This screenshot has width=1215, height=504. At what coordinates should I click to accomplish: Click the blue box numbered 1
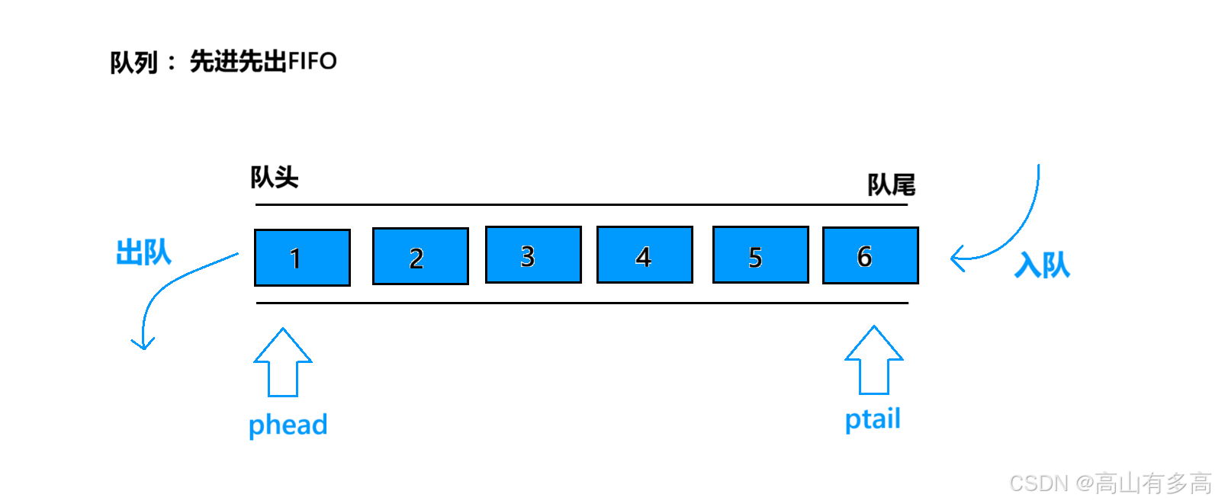coord(302,258)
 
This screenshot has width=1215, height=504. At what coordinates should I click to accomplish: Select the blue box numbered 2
coord(420,257)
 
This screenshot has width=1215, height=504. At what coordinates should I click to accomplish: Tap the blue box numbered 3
coord(533,255)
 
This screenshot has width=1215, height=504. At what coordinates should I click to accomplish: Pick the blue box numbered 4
coord(644,255)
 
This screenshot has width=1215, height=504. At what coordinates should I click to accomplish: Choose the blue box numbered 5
coord(760,255)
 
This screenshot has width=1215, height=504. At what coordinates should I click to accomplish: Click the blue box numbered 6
coord(870,255)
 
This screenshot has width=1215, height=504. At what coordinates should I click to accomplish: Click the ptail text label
coord(873,419)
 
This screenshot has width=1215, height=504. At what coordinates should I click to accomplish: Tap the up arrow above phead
coord(283,362)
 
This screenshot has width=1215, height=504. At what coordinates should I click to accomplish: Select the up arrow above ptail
coord(874,360)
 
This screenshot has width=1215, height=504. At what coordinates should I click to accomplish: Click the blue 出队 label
coord(144,252)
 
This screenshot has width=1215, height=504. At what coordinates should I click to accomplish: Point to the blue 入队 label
coord(1043,265)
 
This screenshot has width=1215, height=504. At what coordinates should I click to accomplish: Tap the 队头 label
coord(275,178)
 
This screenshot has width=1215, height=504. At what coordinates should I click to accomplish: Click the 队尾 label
coord(892,185)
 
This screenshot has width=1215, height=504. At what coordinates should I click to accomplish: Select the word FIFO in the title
coord(313,61)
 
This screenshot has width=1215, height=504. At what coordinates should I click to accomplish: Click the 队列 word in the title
coord(133,62)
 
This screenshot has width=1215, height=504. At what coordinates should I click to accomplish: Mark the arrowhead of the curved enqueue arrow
coord(956,258)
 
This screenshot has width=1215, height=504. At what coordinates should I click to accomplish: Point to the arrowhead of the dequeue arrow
coord(143,344)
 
